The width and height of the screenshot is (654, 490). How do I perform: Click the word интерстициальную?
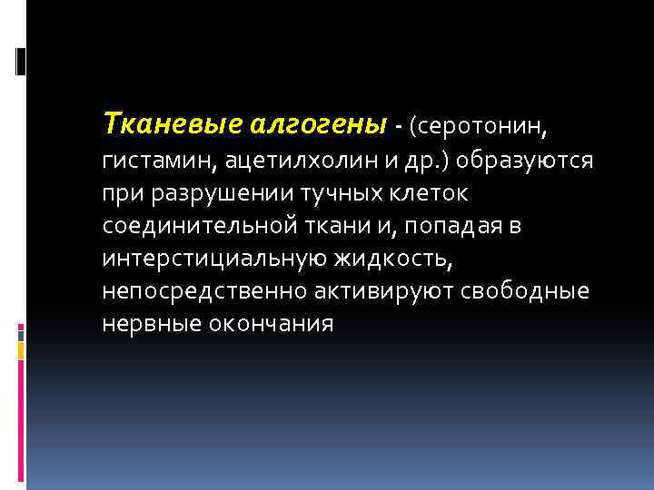[214, 259]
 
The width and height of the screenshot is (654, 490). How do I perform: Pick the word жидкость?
[391, 259]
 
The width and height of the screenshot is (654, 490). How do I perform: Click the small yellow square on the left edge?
[21, 348]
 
